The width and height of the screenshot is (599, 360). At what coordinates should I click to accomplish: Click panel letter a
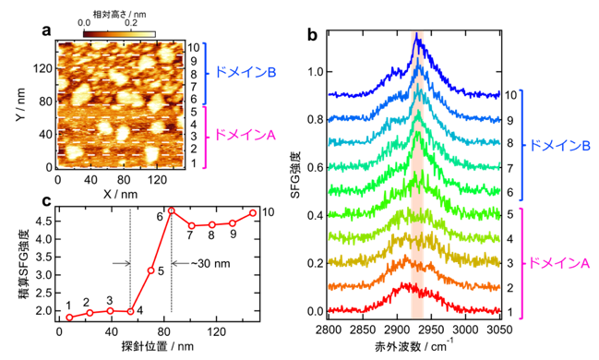pyautogui.click(x=46, y=30)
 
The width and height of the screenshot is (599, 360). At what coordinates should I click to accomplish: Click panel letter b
pyautogui.click(x=313, y=35)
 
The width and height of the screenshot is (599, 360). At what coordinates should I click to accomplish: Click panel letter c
pyautogui.click(x=46, y=200)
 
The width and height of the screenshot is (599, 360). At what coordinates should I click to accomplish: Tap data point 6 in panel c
pyautogui.click(x=171, y=210)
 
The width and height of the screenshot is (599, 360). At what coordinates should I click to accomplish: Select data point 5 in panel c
pyautogui.click(x=150, y=270)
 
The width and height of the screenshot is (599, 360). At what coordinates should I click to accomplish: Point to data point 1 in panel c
pyautogui.click(x=69, y=318)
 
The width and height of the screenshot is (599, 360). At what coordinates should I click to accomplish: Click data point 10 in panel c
pyautogui.click(x=253, y=213)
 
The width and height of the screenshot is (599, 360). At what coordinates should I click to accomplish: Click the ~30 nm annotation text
pyautogui.click(x=210, y=263)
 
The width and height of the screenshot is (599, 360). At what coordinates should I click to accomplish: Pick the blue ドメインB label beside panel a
pyautogui.click(x=246, y=72)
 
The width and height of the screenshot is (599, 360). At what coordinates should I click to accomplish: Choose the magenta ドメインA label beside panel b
pyautogui.click(x=560, y=263)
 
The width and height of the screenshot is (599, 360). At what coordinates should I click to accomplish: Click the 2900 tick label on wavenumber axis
pyautogui.click(x=397, y=329)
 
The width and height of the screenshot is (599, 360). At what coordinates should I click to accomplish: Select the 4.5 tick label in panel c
pyautogui.click(x=44, y=222)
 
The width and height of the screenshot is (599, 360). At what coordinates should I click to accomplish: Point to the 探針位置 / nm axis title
pyautogui.click(x=158, y=346)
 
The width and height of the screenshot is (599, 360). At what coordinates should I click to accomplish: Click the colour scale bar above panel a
pyautogui.click(x=119, y=34)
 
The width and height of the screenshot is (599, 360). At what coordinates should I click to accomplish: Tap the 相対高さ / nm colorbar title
pyautogui.click(x=120, y=14)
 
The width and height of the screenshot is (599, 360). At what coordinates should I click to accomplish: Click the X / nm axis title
pyautogui.click(x=120, y=194)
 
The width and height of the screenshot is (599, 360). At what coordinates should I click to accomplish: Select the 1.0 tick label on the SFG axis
pyautogui.click(x=316, y=72)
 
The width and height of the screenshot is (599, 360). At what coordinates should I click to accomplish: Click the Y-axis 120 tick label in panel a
pyautogui.click(x=42, y=69)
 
